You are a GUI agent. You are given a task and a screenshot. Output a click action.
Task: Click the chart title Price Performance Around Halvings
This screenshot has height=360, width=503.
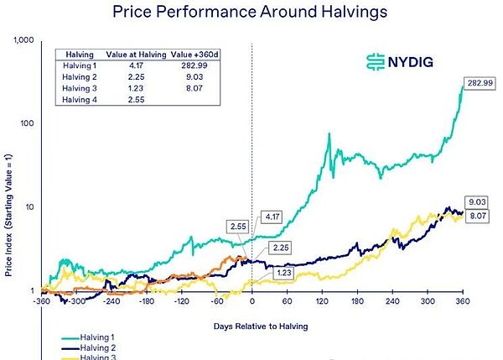click(251, 13)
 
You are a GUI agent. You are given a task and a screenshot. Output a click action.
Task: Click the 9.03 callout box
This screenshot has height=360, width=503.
click(476, 202)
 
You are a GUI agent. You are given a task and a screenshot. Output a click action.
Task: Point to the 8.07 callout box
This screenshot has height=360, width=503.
click(476, 217)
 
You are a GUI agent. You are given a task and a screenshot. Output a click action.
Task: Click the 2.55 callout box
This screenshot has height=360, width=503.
click(239, 227)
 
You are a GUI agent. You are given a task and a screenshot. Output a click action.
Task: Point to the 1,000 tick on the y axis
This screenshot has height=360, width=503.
click(23, 40)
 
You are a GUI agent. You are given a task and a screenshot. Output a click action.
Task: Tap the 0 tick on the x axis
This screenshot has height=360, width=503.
click(252, 300)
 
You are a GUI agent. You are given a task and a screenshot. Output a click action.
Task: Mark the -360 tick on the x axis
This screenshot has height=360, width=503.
click(40, 300)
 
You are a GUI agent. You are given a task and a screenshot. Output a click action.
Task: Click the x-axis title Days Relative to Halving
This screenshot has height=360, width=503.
click(251, 323)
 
